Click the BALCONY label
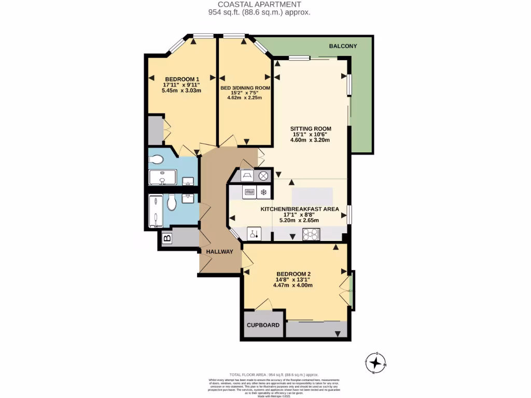[343, 47]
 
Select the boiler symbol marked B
[167, 239]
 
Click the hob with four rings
[312, 234]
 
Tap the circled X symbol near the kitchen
[263, 176]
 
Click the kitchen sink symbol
[254, 234]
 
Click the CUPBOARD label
[263, 325]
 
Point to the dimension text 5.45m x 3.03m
[181, 90]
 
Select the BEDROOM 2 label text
[294, 274]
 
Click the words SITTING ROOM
[310, 129]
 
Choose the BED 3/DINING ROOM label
[245, 88]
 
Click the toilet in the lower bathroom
[172, 204]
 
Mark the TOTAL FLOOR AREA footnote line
[274, 375]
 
